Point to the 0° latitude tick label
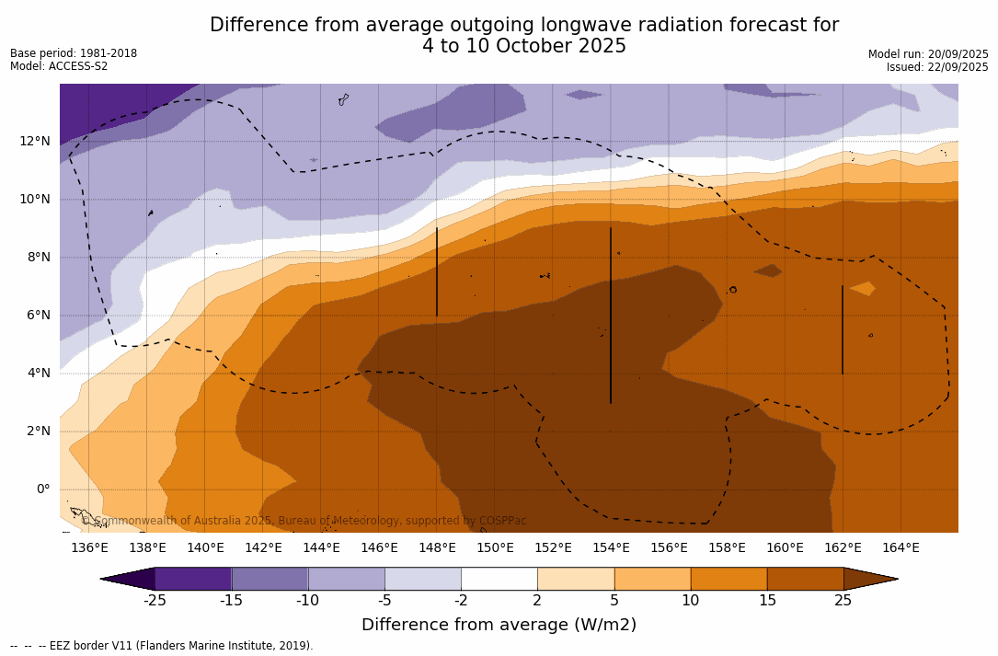click(x=42, y=489)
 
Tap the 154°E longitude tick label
click(x=611, y=547)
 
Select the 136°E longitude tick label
click(x=89, y=547)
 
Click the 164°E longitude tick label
click(x=900, y=547)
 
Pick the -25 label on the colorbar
click(x=155, y=601)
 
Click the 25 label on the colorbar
click(x=843, y=601)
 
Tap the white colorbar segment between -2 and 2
click(x=499, y=579)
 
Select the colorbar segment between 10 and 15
click(x=728, y=579)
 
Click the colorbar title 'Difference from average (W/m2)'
click(x=499, y=625)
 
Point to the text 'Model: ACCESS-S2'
click(x=59, y=66)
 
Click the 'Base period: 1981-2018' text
click(x=74, y=53)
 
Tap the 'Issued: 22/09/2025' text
click(x=937, y=67)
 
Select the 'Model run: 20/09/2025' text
click(x=928, y=54)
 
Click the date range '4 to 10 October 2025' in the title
click(x=524, y=46)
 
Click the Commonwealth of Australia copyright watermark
click(x=304, y=521)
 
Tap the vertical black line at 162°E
click(x=842, y=329)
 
